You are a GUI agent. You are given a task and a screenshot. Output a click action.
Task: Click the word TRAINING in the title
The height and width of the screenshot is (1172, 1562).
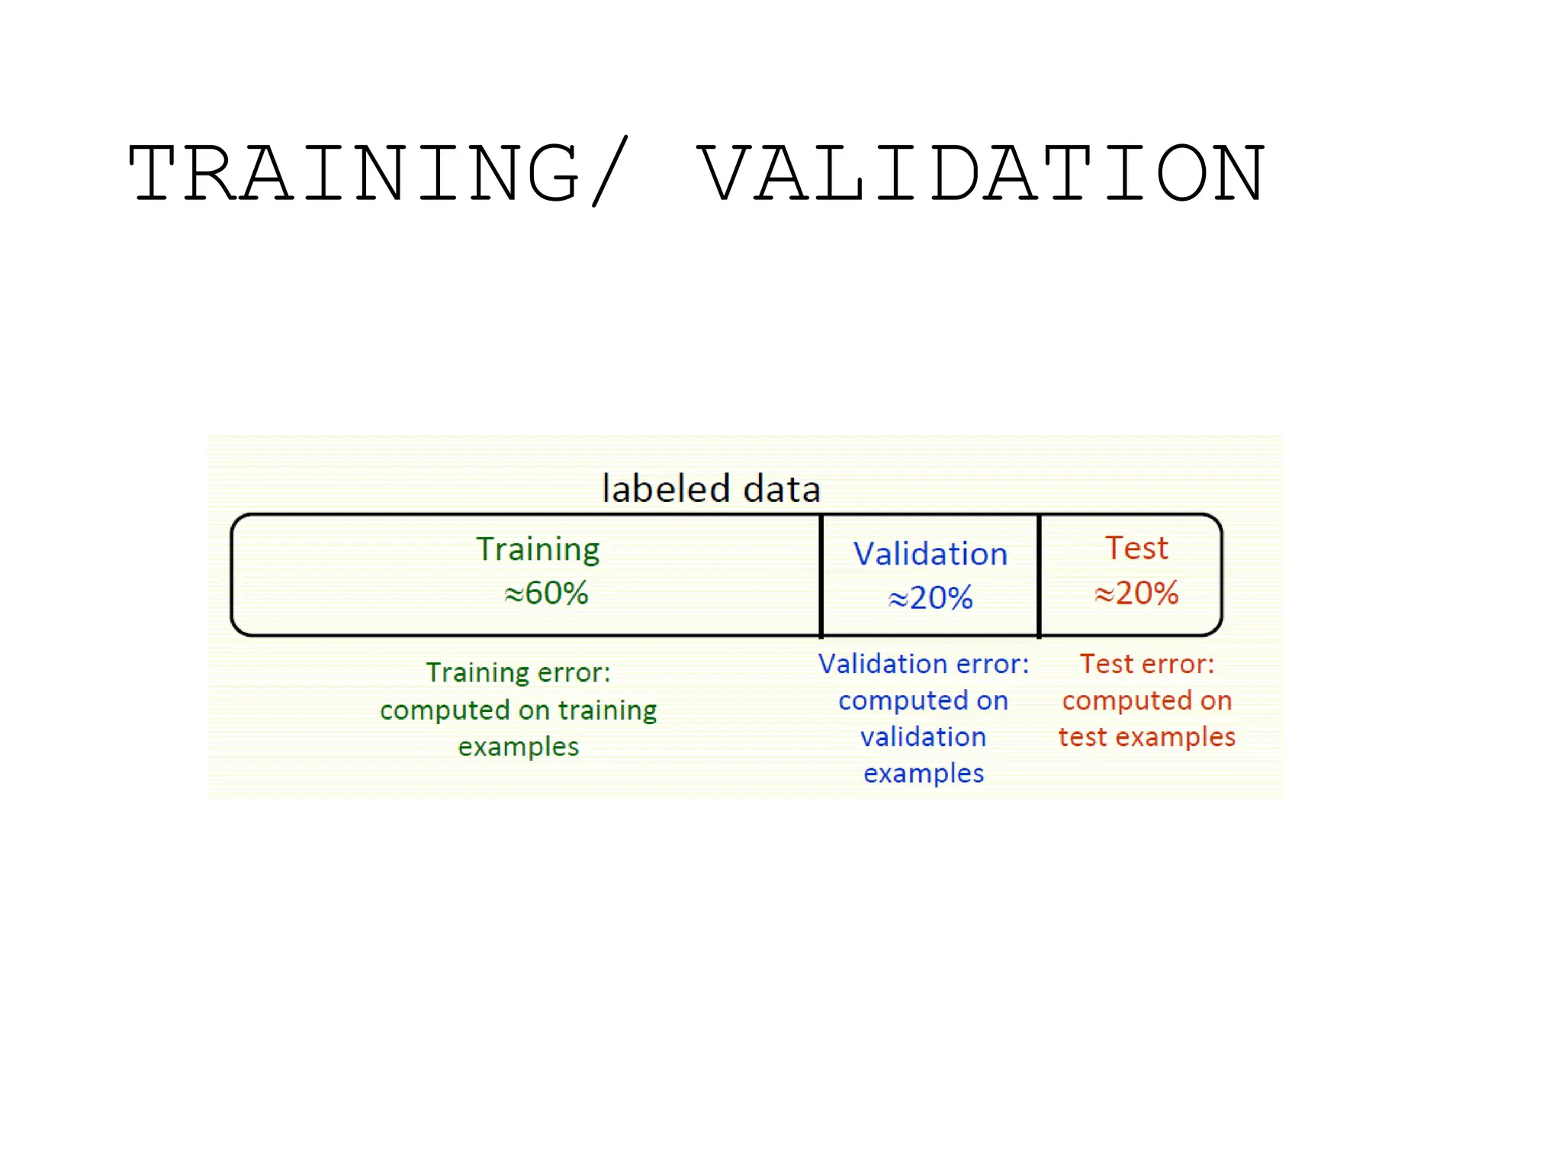coord(355,174)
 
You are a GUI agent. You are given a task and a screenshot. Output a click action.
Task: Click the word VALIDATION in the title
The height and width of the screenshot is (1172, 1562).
coord(982,174)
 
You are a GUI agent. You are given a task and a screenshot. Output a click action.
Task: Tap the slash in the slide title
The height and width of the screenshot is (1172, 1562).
coord(610,172)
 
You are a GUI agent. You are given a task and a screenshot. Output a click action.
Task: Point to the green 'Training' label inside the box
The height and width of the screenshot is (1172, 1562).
coord(538,549)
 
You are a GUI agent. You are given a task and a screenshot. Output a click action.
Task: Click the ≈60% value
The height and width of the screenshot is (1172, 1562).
coord(546,593)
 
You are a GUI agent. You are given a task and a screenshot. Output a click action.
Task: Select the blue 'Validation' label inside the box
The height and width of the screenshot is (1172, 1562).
coord(930,554)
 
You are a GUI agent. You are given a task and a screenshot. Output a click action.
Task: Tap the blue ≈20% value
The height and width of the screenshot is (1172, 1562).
coord(930,597)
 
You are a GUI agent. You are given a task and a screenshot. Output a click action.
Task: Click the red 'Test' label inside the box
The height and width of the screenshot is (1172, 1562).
coord(1136,548)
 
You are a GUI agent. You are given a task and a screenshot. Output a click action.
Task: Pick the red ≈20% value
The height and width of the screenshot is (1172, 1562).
coord(1136,593)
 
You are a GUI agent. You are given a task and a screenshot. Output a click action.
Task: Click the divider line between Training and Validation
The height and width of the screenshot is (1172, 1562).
coord(821,575)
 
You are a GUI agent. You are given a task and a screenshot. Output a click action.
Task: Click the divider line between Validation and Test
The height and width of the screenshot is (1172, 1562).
coord(1039,575)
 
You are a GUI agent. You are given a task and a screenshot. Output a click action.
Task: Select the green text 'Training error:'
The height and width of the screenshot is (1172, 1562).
coord(519,672)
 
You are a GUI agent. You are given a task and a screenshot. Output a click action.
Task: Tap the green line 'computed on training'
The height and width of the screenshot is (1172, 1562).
coord(519,710)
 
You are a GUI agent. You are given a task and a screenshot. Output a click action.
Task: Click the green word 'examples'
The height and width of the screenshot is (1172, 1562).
coord(519,747)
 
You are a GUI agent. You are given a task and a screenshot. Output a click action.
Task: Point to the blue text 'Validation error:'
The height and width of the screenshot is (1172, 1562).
coord(924,664)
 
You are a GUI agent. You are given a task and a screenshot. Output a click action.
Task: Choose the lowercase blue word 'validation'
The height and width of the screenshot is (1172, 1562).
coord(924,737)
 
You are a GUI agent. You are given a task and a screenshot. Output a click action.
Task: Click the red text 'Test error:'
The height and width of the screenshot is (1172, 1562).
coord(1146,664)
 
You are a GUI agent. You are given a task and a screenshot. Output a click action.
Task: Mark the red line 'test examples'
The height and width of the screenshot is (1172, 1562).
coord(1146,737)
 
